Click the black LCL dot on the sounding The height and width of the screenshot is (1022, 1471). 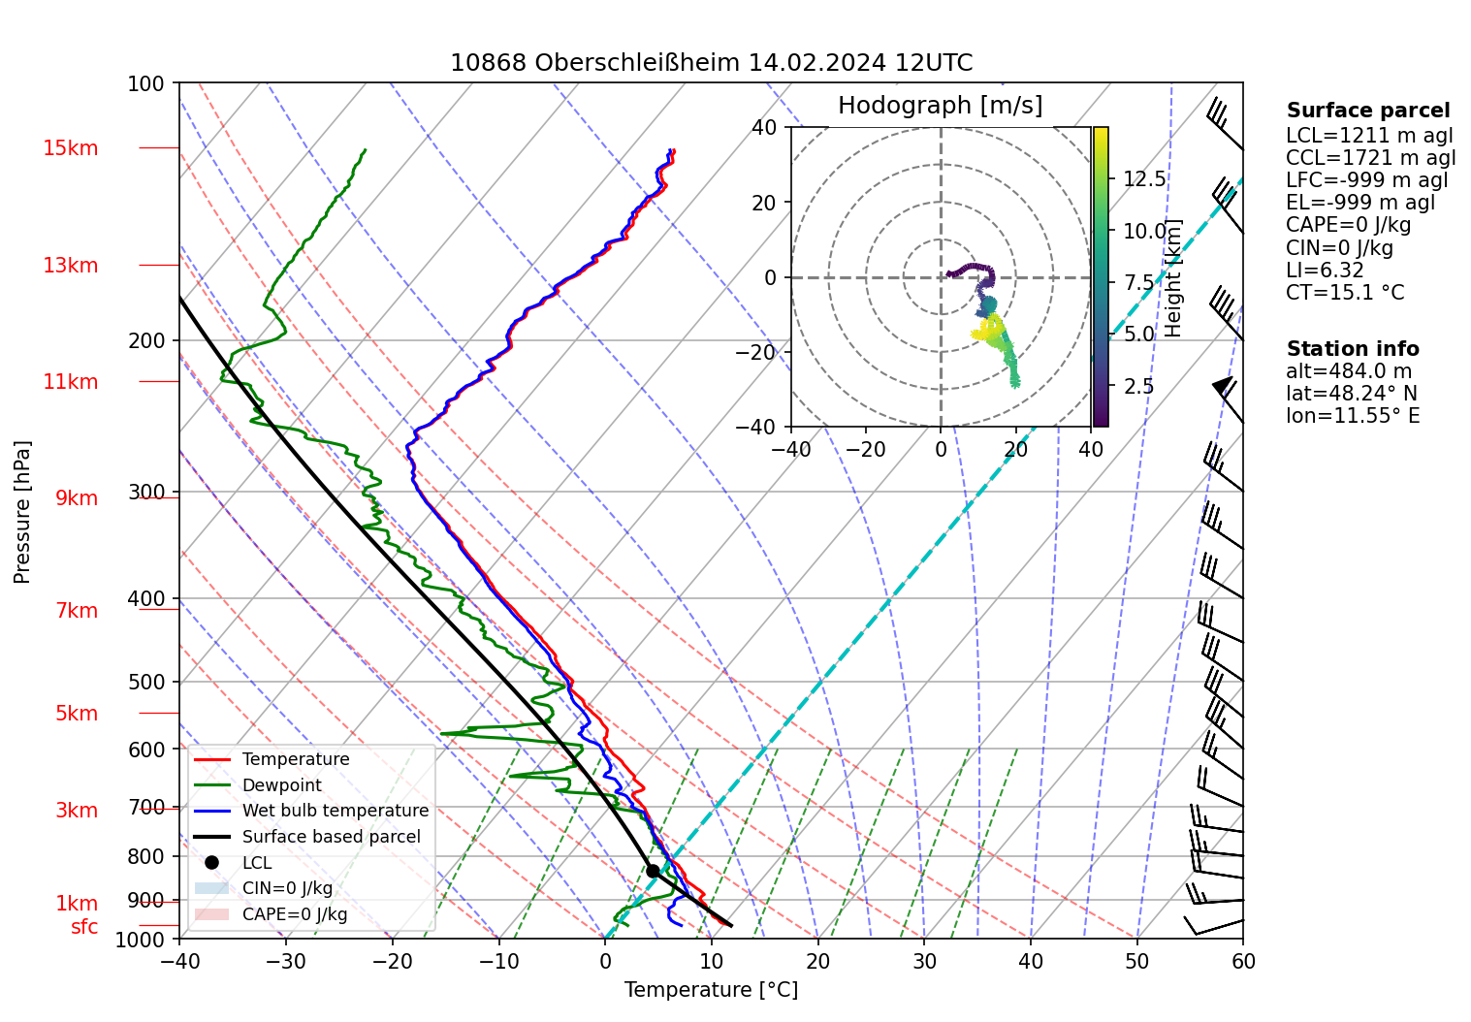(653, 871)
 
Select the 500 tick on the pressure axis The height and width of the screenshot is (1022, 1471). (146, 682)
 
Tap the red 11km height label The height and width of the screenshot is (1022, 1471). (70, 382)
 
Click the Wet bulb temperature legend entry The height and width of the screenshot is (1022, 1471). (335, 811)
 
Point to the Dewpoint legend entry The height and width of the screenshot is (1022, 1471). (281, 785)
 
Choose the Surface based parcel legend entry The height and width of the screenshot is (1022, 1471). (331, 837)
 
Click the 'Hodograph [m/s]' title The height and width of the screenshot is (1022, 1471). (940, 106)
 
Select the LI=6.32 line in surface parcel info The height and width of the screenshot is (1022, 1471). (1325, 271)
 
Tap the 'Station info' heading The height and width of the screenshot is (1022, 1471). (1353, 349)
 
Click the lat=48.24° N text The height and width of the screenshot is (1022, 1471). (1352, 394)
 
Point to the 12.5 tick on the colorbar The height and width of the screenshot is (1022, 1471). (1144, 179)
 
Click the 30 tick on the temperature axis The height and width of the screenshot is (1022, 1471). (924, 962)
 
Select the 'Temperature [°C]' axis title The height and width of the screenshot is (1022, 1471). (711, 990)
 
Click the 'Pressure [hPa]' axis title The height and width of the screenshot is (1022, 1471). (22, 512)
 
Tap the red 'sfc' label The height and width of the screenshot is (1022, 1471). (84, 927)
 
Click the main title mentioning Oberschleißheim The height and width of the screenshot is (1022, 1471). (711, 63)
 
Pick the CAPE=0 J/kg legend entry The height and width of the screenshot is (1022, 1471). (294, 914)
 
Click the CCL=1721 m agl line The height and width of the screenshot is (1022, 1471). (1370, 158)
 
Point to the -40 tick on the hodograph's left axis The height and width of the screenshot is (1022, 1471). (764, 427)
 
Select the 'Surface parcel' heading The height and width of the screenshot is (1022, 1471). (1367, 111)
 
